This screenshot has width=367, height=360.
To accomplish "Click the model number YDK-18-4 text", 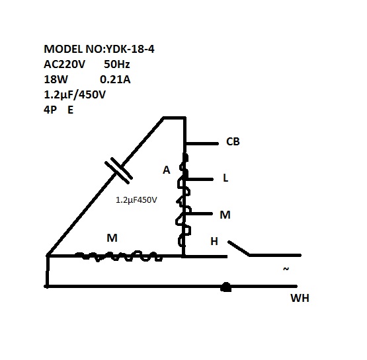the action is click(130, 49).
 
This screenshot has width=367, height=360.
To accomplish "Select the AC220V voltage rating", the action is click(64, 64).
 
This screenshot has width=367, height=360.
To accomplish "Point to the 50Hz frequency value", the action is click(117, 64).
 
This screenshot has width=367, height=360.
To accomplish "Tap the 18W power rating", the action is click(56, 79).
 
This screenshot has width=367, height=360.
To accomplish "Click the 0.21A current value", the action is click(115, 79).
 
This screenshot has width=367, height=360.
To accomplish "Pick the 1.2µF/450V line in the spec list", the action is click(75, 94).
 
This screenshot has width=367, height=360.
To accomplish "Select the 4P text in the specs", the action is click(50, 110).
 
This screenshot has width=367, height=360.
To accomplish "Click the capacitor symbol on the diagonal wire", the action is click(118, 170).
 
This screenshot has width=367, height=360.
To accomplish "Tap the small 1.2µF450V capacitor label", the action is click(136, 200).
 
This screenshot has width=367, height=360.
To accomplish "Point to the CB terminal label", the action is click(233, 141).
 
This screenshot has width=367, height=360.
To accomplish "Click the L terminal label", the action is click(225, 178).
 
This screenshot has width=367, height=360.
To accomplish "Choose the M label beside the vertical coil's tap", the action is click(225, 215).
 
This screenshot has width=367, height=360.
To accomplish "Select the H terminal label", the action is click(214, 242).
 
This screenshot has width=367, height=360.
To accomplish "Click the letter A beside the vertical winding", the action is click(167, 170).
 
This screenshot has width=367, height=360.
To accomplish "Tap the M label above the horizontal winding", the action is click(112, 238).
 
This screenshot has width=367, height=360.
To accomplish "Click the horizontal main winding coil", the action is click(119, 256).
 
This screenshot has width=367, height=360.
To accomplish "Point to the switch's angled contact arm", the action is click(239, 248).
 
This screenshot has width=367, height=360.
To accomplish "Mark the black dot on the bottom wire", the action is click(226, 287).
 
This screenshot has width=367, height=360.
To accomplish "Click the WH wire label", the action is click(300, 298).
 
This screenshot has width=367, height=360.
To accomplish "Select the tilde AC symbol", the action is click(286, 269).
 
